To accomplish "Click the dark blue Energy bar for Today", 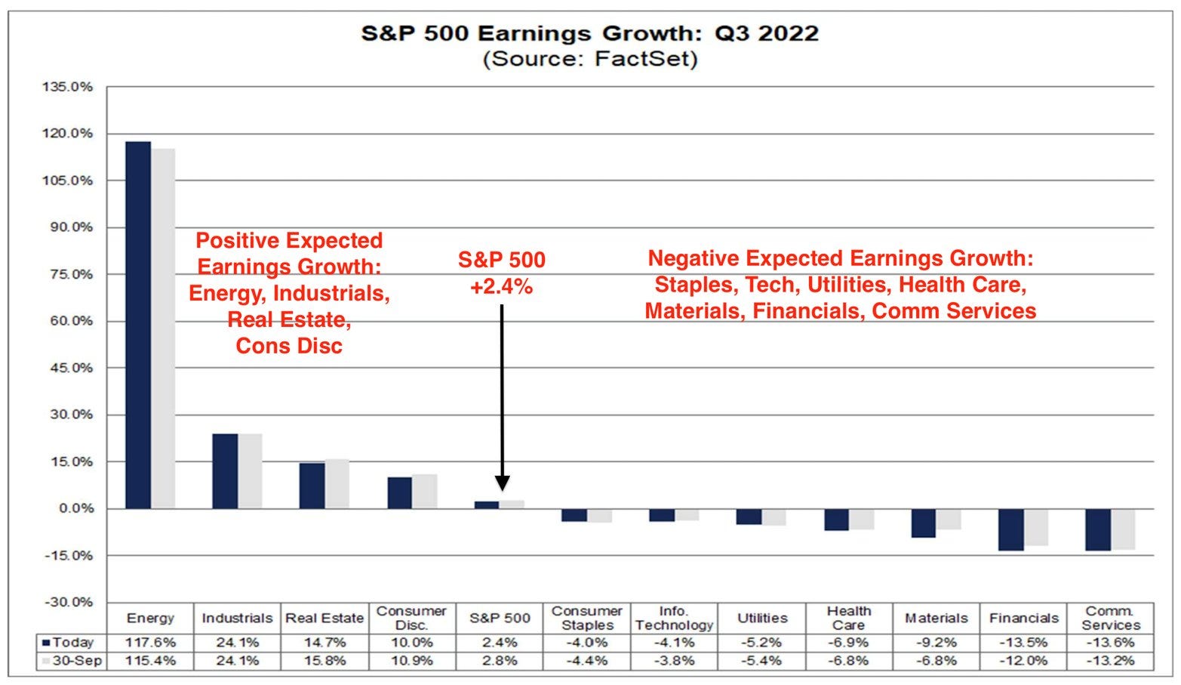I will click(x=138, y=325).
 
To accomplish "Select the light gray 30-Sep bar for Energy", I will click(x=163, y=329).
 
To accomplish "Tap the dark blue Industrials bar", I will click(x=225, y=471).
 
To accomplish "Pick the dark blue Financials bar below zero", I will click(x=1011, y=529).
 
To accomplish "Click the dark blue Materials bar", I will click(x=924, y=523).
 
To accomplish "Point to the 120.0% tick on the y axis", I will click(x=67, y=134).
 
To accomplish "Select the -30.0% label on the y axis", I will click(x=69, y=602).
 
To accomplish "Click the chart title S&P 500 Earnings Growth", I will click(x=589, y=33).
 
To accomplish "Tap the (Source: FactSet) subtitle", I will click(x=589, y=59).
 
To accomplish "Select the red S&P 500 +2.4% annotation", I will click(x=501, y=273).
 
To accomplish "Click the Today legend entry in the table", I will click(x=69, y=643).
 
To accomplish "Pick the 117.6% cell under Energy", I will click(x=150, y=643).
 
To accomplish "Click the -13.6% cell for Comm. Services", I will click(x=1110, y=643).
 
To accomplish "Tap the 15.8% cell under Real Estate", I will click(x=324, y=661).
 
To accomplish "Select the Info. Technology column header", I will click(x=674, y=618).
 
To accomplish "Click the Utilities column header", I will click(x=762, y=618).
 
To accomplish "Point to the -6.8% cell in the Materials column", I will click(x=936, y=661).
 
